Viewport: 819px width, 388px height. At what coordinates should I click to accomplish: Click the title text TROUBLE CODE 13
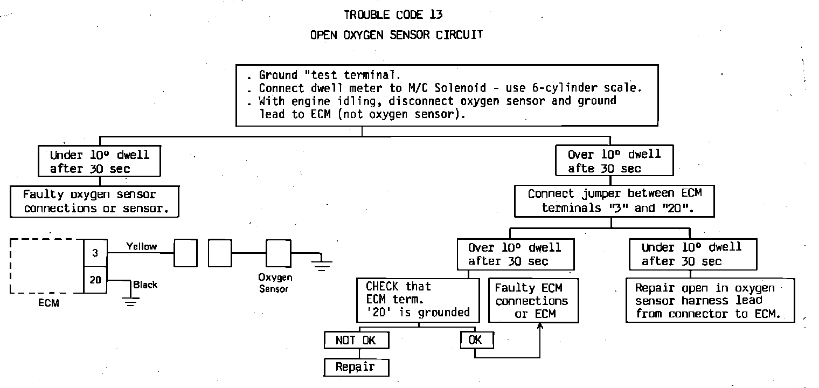click(393, 15)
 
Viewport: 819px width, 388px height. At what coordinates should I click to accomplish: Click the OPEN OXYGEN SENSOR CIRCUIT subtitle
click(397, 35)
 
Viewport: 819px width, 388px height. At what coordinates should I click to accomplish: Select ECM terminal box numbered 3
click(95, 253)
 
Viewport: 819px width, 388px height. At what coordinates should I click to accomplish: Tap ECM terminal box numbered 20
click(95, 280)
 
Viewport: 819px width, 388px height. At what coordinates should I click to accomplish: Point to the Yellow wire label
click(141, 246)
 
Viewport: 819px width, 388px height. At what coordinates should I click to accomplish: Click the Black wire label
click(145, 285)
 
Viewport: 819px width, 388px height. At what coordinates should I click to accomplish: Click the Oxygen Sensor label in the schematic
click(275, 283)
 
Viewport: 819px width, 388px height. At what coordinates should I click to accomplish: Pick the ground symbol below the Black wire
click(130, 301)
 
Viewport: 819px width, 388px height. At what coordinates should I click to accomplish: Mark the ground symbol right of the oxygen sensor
click(322, 264)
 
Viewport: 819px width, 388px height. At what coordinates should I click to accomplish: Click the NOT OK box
click(356, 340)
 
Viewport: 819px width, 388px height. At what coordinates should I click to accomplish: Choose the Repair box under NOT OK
click(356, 367)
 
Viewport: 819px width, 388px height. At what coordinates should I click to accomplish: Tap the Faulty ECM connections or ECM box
click(533, 300)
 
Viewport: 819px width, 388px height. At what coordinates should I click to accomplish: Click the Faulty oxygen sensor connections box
click(94, 201)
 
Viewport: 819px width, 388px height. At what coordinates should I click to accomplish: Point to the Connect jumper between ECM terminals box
click(615, 200)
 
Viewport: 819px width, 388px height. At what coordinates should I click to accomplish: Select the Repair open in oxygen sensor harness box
click(710, 300)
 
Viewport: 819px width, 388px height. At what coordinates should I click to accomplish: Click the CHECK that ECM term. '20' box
click(418, 299)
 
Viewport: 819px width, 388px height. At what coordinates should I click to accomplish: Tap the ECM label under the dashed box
click(48, 303)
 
